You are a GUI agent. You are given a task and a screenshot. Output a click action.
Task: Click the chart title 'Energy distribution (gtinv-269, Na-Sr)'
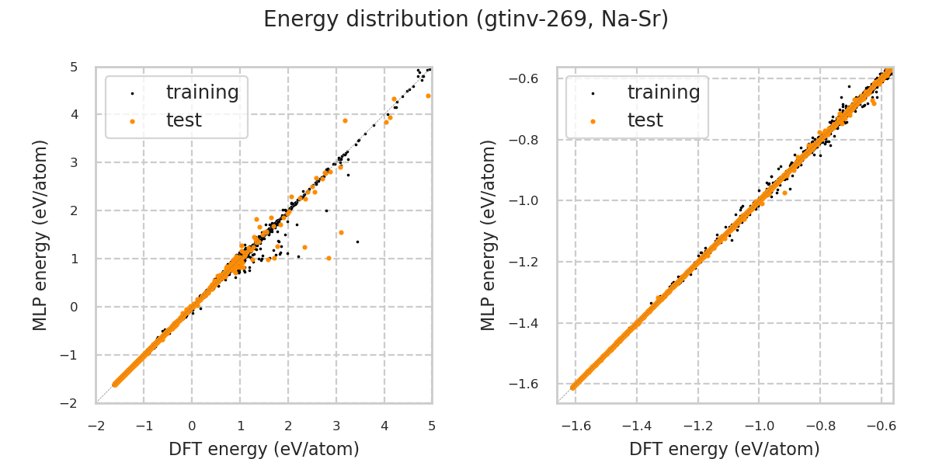click(x=466, y=19)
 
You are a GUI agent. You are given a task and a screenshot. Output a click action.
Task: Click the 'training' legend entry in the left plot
click(x=202, y=92)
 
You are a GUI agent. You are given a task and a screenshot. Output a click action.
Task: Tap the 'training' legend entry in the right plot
click(x=663, y=92)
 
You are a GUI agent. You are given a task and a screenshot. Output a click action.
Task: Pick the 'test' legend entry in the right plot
click(x=645, y=120)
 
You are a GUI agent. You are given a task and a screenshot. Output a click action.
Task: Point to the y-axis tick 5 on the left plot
click(x=73, y=67)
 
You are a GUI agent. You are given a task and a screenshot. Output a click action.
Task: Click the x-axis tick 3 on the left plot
click(x=336, y=426)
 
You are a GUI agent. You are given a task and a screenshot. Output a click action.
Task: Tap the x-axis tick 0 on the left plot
click(x=192, y=426)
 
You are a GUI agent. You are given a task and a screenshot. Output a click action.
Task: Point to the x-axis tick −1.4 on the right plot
click(x=636, y=426)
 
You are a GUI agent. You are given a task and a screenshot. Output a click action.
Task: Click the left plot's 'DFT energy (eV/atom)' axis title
click(x=264, y=449)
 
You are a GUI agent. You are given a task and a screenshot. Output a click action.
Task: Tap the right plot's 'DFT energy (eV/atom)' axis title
click(x=725, y=449)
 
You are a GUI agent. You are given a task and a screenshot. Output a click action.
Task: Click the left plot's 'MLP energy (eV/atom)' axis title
click(x=41, y=235)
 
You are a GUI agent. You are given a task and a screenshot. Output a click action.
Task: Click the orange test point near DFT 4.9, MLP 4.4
click(x=428, y=96)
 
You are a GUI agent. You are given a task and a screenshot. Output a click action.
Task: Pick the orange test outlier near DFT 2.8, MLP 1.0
click(x=329, y=258)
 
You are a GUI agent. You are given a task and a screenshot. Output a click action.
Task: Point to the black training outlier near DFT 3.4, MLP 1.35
click(x=357, y=242)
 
